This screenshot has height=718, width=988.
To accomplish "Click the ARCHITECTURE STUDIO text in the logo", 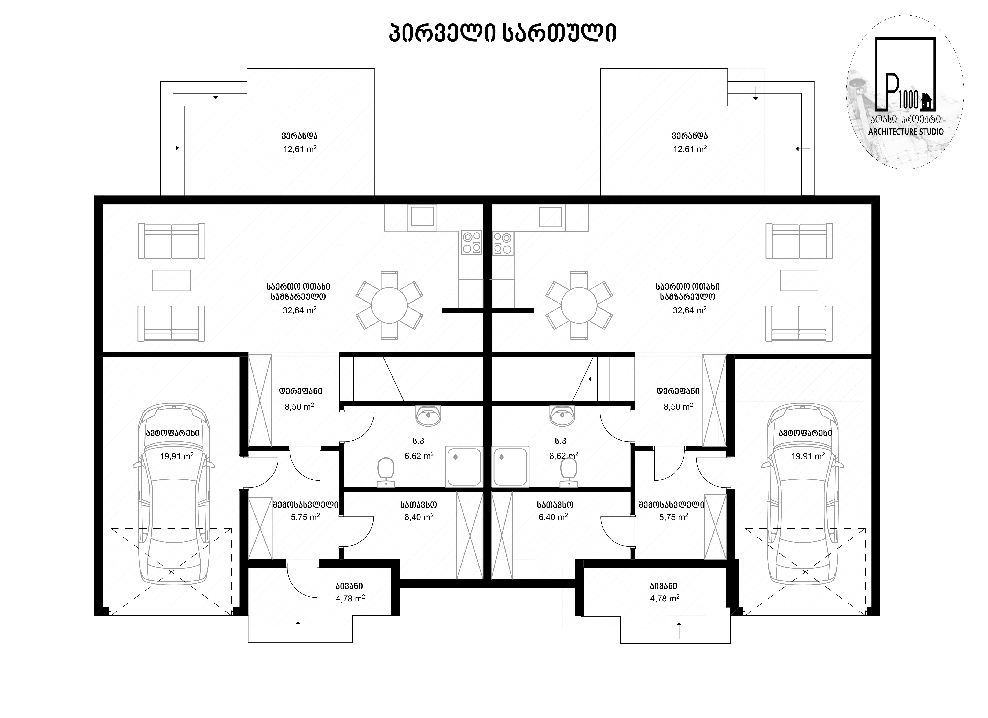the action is [906, 132].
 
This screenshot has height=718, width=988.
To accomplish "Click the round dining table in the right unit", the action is [579, 305].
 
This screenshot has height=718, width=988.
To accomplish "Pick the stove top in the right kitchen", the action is [503, 243].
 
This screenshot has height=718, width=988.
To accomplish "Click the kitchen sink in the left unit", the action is [422, 217].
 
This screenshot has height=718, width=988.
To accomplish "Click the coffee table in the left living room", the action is [171, 280].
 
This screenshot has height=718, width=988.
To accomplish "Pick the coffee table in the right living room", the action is [799, 280].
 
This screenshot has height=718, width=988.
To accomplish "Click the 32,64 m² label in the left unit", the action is [300, 310].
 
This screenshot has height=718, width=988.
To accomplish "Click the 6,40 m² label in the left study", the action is [419, 517].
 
